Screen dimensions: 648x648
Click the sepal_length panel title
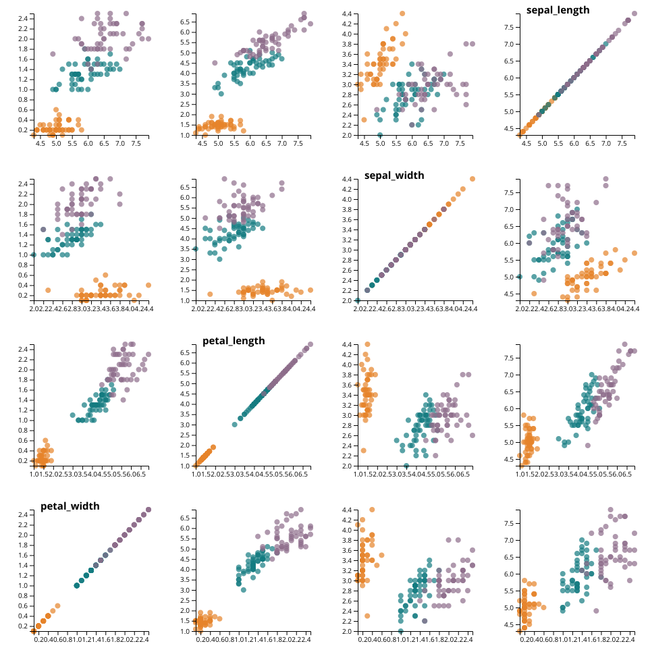coord(558,9)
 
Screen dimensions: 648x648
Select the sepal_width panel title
coord(394,175)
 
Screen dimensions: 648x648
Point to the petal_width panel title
coord(70,506)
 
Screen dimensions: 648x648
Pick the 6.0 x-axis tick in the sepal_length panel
coord(574,143)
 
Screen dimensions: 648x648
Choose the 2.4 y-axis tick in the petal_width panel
coord(22,514)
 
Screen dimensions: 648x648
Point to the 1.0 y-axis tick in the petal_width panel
coord(22,585)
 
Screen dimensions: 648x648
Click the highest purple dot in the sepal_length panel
coord(634,13)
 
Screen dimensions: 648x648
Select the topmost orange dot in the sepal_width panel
coord(473,179)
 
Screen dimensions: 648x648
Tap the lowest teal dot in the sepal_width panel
coord(358,300)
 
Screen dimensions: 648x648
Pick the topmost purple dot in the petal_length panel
coord(310,344)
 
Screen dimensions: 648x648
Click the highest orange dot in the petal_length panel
coord(213,447)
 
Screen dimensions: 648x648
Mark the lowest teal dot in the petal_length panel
coord(235,425)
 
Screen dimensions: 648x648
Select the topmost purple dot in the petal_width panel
coord(148,510)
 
